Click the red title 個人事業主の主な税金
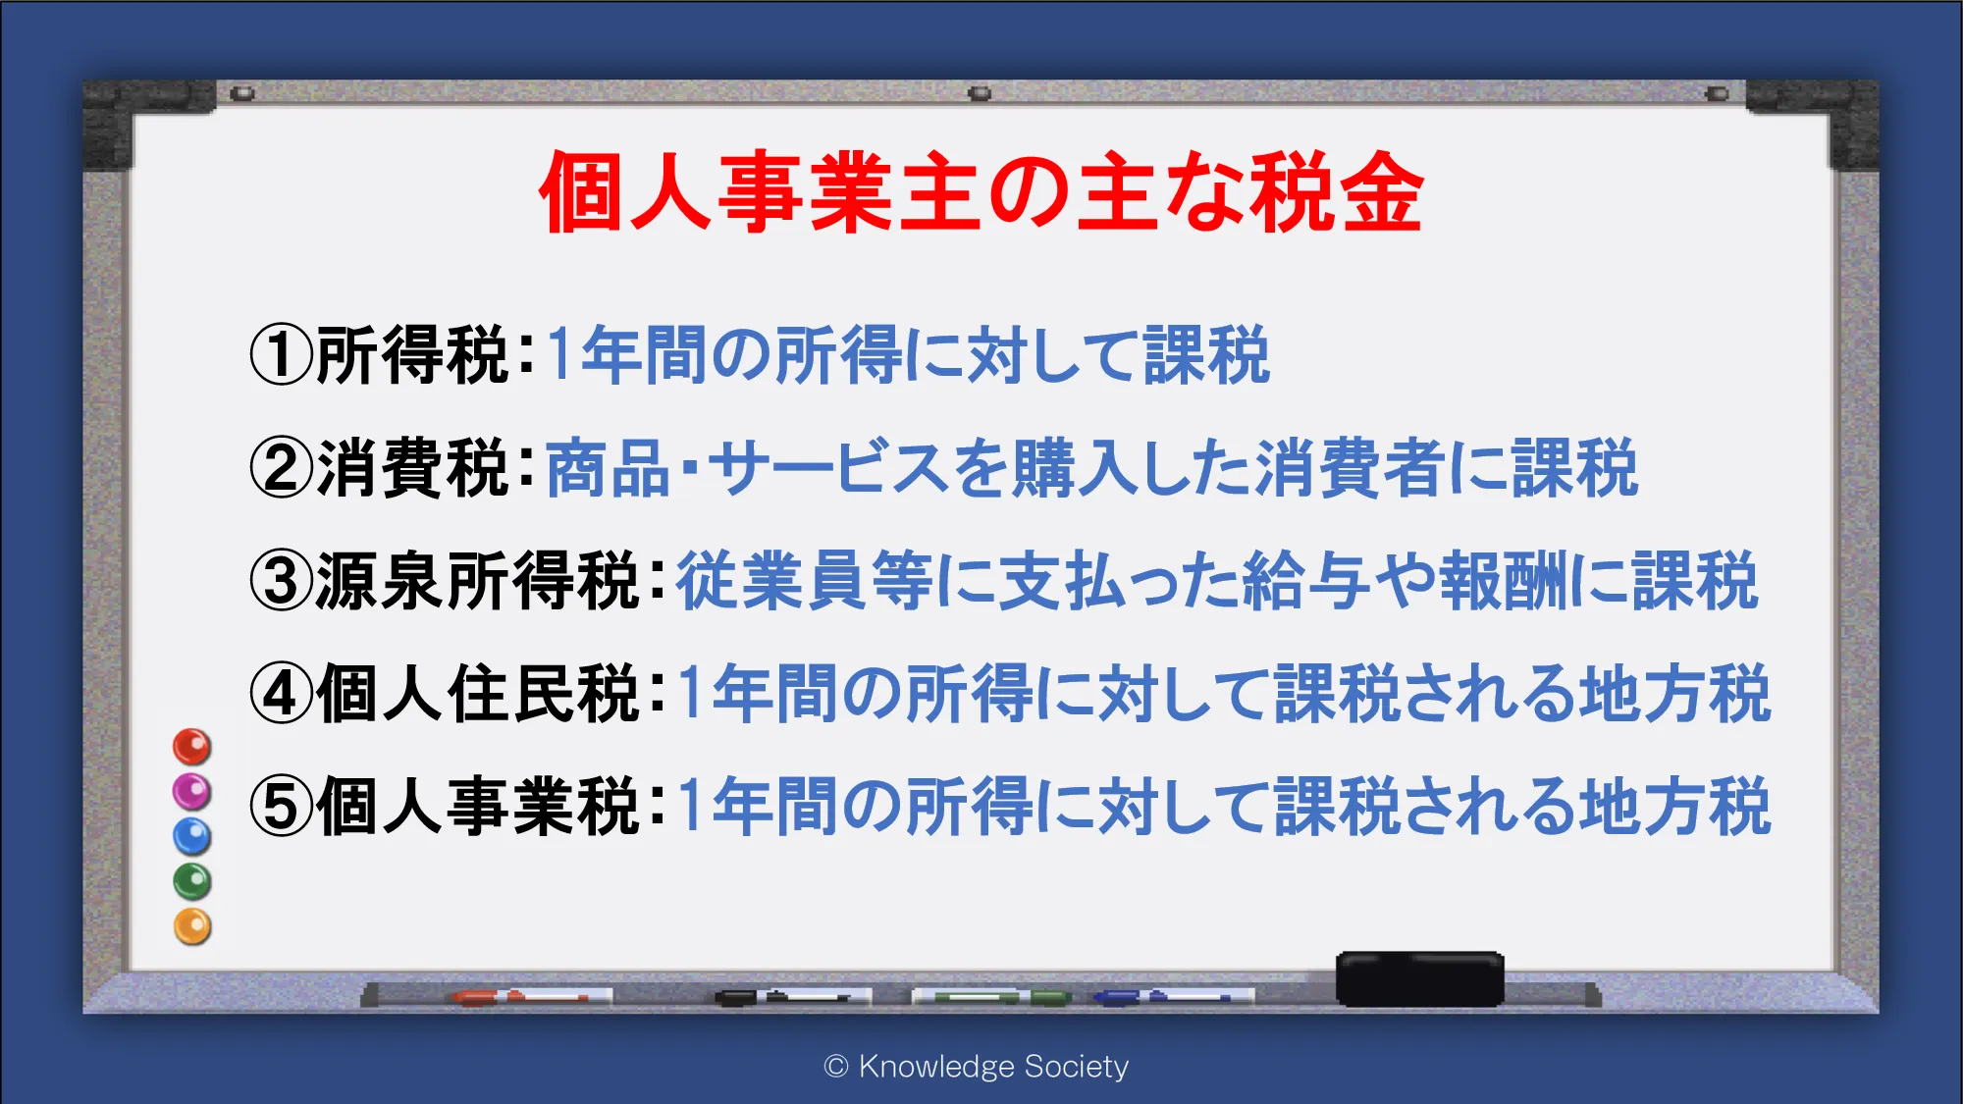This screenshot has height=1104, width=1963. pos(981,192)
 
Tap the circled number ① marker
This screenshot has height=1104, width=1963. pos(282,355)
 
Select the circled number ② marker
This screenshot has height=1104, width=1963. pos(282,468)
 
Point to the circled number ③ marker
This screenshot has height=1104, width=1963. pos(282,581)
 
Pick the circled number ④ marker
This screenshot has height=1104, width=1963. pos(282,694)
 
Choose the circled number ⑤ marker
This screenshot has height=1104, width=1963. pos(282,807)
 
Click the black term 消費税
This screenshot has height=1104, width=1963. pos(413,468)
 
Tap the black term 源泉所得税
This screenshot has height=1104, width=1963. pos(478,581)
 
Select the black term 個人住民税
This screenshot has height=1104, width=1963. pos(478,694)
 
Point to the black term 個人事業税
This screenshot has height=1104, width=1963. pos(478,807)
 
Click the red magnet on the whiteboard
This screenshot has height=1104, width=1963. pos(192,747)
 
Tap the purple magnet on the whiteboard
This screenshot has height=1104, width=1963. pos(192,791)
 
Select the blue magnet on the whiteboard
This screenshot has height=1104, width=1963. pos(192,836)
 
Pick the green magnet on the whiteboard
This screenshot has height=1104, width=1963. pos(192,881)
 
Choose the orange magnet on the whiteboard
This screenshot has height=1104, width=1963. pos(192,926)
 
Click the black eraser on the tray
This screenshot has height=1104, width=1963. pos(1420,978)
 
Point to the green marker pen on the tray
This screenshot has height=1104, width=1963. pos(991,997)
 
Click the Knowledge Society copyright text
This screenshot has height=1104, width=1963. pos(977,1067)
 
